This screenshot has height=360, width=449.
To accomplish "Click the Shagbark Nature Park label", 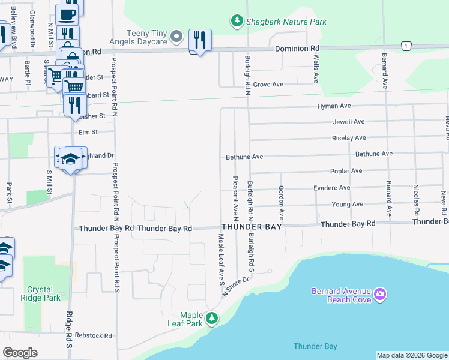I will coord(285,22).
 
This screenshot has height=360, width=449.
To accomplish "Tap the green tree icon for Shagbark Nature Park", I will coord(237,22).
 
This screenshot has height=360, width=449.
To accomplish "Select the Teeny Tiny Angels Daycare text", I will coord(146,37).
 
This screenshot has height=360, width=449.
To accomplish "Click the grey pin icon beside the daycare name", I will coord(176,38).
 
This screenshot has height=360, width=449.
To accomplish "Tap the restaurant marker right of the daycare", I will coord(199,40).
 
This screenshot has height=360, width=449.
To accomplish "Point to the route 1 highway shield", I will coord(406,46).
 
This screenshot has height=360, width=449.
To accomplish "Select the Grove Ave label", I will coord(268,85).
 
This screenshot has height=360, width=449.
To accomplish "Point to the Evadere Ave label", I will coord(331,188).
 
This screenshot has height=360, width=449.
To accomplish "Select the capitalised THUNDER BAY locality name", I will coord(251,227).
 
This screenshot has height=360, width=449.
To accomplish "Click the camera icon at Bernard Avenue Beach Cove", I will coord(379,295).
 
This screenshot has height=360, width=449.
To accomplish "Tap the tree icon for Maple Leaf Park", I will coord(211,318).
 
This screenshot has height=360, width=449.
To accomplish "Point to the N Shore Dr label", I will coord(235,287).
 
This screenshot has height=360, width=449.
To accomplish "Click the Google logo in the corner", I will coord(20,353).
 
